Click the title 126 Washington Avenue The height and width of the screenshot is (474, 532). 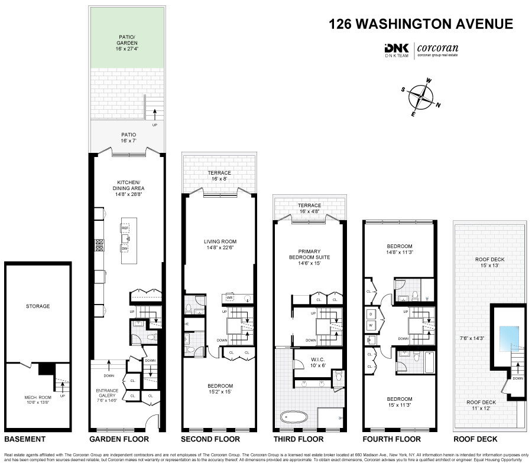tap(421, 24)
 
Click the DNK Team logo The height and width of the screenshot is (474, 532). tap(397, 50)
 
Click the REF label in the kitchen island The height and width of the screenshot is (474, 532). tap(125, 227)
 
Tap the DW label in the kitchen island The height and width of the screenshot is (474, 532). tap(125, 249)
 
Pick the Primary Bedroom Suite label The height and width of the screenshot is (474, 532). tap(309, 257)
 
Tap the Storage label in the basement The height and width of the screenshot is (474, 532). tap(37, 306)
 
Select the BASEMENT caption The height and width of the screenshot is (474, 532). tap(25, 439)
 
